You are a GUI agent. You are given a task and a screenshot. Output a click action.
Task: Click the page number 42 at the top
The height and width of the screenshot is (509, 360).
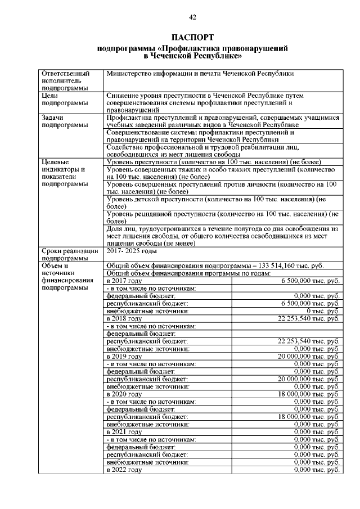(192, 17)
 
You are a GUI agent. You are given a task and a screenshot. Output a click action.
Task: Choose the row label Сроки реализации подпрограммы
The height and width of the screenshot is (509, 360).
(70, 254)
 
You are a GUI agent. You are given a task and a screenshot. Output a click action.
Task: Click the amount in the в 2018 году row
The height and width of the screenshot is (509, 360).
(309, 318)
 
